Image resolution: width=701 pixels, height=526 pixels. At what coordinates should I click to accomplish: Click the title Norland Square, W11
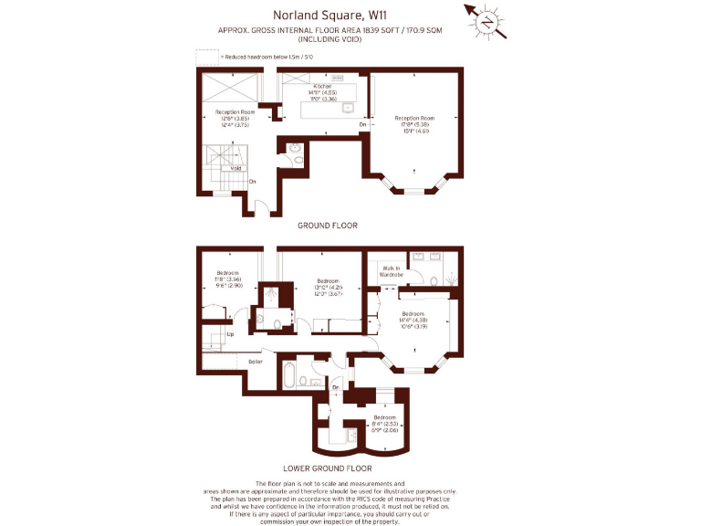coord(350,15)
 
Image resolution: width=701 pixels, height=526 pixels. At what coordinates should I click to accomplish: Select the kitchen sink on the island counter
coord(348,108)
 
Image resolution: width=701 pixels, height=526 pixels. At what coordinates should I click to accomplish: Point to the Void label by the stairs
coord(235,168)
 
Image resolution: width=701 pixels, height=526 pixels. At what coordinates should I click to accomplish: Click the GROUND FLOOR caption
coord(327,225)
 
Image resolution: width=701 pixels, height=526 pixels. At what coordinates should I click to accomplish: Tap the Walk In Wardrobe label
coord(392,271)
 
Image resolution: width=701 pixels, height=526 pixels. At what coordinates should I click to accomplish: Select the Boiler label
coord(256,362)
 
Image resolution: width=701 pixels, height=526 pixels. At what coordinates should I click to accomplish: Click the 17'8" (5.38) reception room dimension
coord(414,125)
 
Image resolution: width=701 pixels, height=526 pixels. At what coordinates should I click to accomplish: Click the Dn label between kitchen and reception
coord(362,124)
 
